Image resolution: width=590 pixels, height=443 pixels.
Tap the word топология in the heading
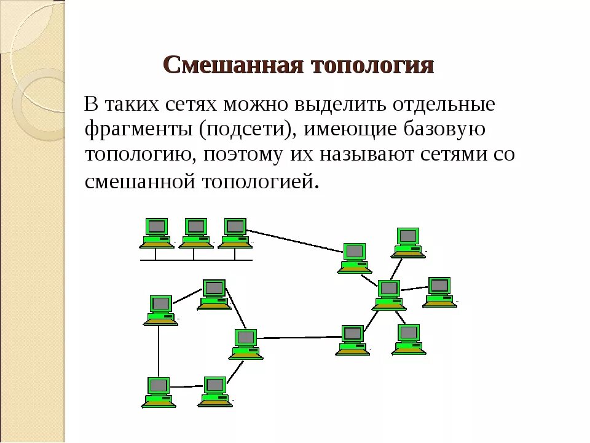click(374, 65)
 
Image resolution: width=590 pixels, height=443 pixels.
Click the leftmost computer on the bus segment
click(157, 233)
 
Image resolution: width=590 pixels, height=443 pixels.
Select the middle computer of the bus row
click(195, 233)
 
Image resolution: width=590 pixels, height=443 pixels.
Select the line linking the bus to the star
click(295, 241)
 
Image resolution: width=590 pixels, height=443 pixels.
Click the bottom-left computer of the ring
click(159, 392)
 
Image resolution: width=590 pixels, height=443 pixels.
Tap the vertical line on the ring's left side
click(159, 351)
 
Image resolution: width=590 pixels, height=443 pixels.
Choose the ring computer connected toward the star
click(246, 344)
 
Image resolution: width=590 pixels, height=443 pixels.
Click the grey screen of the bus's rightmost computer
click(235, 226)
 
